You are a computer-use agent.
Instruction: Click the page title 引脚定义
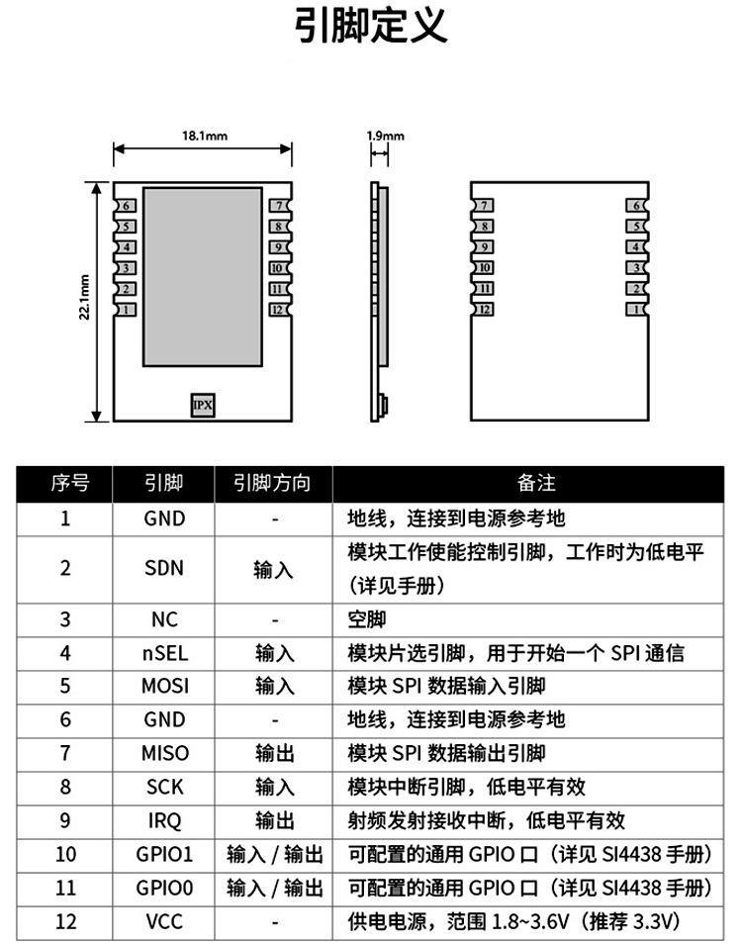click(371, 27)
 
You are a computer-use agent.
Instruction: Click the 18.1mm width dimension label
click(205, 136)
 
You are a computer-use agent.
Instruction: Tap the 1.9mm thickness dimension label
click(385, 136)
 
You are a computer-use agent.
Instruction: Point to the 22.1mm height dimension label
click(85, 297)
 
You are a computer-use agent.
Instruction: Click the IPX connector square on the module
click(202, 405)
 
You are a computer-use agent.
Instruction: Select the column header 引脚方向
click(272, 483)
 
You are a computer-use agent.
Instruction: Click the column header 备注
click(536, 483)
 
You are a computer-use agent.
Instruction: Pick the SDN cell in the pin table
click(164, 569)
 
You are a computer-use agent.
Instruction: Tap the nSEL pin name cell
click(164, 653)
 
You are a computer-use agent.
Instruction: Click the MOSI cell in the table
click(164, 687)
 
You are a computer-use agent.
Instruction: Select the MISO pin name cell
click(164, 754)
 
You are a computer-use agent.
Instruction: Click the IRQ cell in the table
click(164, 821)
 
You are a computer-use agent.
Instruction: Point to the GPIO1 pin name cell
click(164, 855)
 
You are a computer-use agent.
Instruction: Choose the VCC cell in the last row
click(164, 922)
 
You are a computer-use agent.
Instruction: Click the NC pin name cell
click(164, 619)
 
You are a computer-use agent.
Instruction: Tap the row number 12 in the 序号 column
click(66, 922)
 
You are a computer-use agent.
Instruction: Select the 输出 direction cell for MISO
click(274, 754)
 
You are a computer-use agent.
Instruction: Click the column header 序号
click(66, 483)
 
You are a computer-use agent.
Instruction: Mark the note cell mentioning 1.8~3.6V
click(512, 922)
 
